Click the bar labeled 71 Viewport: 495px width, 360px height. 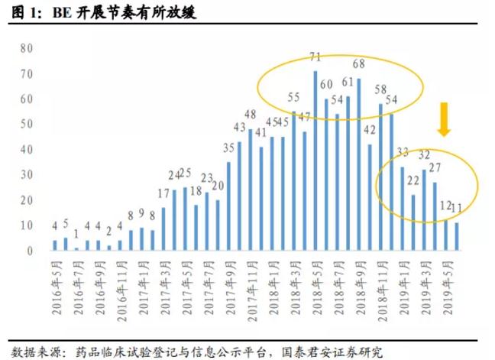[315, 161]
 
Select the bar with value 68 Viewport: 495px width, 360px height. [358, 164]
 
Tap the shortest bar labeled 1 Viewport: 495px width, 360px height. [76, 248]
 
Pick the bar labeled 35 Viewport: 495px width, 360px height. [228, 206]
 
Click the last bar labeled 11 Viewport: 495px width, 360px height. [457, 236]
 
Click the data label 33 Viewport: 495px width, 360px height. [403, 151]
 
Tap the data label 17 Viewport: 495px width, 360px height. [163, 193]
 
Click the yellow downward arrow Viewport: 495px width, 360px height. [444, 122]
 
